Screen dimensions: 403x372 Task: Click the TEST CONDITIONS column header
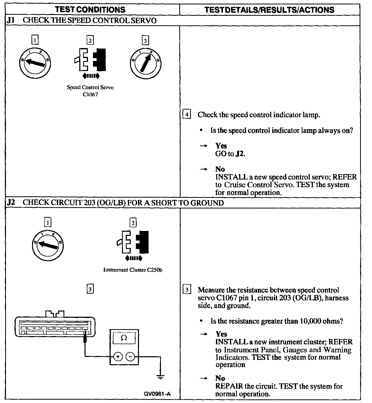point(90,10)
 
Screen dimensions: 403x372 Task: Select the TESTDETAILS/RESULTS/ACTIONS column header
point(269,10)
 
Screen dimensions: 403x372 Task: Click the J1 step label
point(10,21)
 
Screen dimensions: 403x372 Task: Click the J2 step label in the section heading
point(11,203)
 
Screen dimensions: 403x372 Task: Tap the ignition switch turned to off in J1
point(35,63)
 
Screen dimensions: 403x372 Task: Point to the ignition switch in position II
point(145,63)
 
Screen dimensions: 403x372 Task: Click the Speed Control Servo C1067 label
point(90,91)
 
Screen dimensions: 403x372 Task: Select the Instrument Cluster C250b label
point(133,270)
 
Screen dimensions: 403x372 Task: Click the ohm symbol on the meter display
point(124,338)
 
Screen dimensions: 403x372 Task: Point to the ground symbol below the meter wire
point(160,377)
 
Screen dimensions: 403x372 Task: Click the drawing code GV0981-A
point(157,394)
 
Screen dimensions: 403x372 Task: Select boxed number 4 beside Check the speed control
point(187,114)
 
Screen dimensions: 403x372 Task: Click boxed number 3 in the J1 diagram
point(145,41)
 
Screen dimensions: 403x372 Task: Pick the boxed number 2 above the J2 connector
point(133,223)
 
